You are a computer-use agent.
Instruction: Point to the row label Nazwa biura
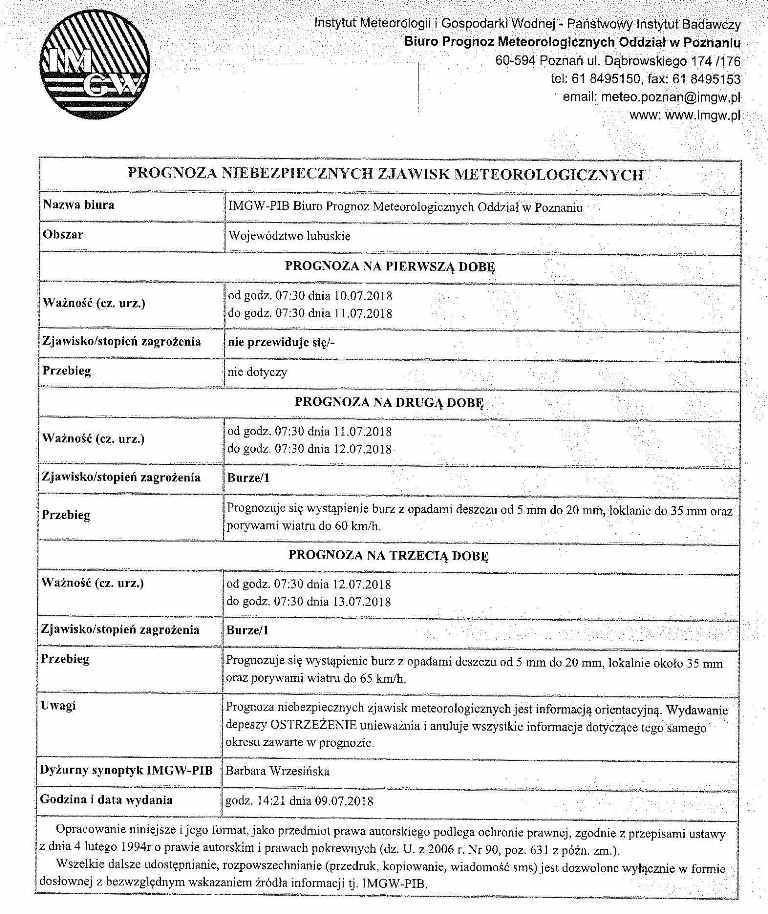click(x=78, y=206)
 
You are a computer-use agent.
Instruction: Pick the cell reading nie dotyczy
click(x=258, y=371)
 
